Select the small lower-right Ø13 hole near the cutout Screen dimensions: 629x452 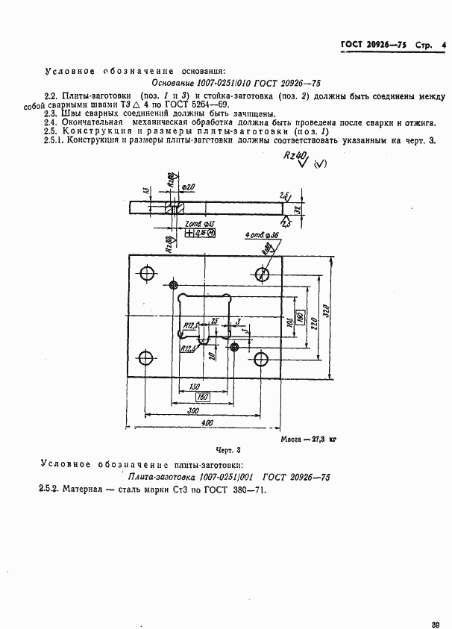click(234, 347)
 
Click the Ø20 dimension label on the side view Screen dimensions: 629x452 click(190, 187)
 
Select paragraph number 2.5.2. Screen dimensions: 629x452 click(49, 489)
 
